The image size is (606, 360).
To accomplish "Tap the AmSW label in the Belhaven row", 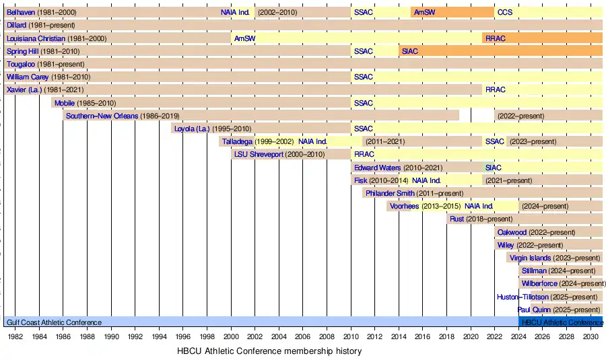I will [x=424, y=12].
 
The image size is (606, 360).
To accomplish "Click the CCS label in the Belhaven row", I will [x=504, y=12].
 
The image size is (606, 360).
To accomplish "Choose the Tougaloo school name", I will [x=20, y=64].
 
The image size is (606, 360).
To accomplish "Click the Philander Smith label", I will [x=390, y=193].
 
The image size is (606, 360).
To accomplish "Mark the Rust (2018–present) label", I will [x=481, y=219].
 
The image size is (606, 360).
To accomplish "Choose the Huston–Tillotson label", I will [x=523, y=297].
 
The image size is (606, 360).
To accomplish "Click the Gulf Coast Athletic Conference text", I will [x=54, y=322].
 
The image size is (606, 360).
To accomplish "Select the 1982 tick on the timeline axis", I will [x=15, y=336].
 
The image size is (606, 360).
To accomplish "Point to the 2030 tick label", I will [x=590, y=336].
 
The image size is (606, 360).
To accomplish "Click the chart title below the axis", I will [x=269, y=351].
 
